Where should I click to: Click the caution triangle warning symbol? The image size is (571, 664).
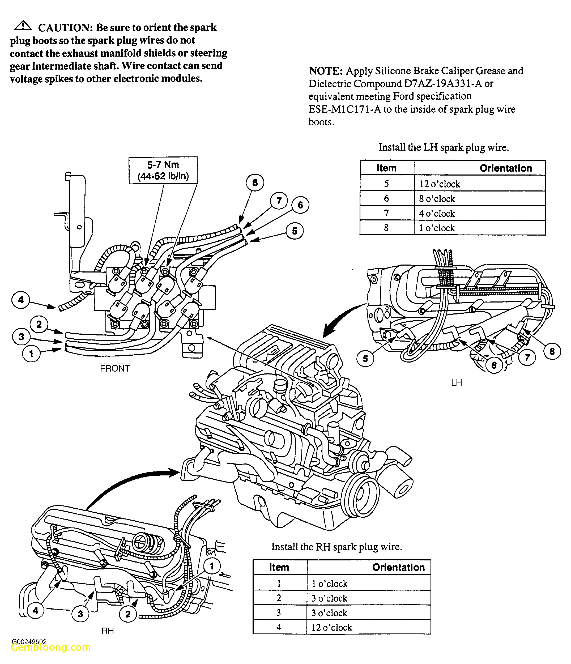[23, 26]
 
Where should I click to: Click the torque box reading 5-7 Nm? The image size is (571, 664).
[163, 170]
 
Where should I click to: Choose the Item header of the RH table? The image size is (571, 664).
[279, 567]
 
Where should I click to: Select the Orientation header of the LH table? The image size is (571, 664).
[505, 168]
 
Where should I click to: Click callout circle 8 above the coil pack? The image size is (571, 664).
[255, 183]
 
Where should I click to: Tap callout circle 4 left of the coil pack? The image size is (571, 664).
[21, 300]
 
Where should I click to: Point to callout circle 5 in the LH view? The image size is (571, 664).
[365, 359]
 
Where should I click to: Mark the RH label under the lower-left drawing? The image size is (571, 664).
[108, 631]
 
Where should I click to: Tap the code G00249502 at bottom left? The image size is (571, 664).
[29, 642]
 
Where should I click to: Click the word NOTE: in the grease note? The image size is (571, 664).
[326, 71]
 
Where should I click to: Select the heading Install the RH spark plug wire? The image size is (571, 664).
[336, 547]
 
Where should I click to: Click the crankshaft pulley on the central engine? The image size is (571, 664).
[360, 497]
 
